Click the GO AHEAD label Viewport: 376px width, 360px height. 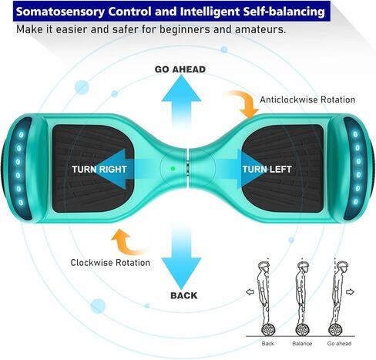[x=180, y=69]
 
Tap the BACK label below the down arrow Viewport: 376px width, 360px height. [x=184, y=295]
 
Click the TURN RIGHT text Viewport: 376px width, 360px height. [x=99, y=170]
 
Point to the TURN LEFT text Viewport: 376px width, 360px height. [x=267, y=170]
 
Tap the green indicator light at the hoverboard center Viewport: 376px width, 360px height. [x=173, y=169]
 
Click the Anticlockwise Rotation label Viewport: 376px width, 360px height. [x=307, y=99]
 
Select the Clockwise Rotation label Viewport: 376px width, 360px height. [x=110, y=263]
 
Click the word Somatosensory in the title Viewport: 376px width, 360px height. [x=60, y=12]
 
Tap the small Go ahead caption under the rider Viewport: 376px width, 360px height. [x=339, y=344]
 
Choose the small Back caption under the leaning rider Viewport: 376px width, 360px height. [x=268, y=344]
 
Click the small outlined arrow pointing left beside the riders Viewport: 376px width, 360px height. [x=250, y=292]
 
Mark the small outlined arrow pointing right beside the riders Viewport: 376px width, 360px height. [x=350, y=292]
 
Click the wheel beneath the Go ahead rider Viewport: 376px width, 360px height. [x=335, y=330]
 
